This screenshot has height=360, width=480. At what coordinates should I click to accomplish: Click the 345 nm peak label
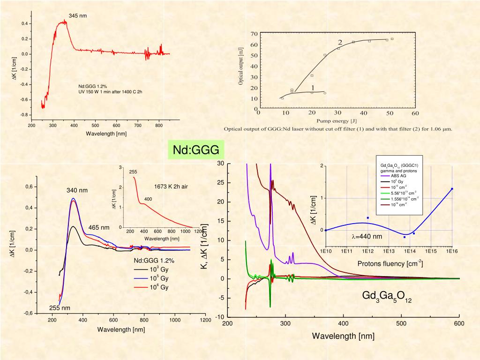78,16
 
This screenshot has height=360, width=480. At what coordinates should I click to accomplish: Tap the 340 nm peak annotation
77,191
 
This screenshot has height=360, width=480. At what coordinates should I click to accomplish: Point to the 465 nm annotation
98,228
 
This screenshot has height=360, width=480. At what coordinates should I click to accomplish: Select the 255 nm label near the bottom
60,308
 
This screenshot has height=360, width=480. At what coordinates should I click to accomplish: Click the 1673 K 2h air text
171,187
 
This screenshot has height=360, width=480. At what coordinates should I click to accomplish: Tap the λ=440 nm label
367,237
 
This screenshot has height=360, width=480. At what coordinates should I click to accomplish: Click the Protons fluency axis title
390,263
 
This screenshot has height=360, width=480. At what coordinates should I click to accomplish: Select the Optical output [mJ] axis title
240,66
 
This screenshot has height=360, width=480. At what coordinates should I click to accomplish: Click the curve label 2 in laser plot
340,42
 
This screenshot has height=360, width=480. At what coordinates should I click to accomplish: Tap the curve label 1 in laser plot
312,88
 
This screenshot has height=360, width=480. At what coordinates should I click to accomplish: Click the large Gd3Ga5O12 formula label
387,297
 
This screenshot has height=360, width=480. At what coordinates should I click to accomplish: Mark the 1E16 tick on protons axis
452,252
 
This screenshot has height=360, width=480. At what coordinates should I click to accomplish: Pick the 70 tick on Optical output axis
254,34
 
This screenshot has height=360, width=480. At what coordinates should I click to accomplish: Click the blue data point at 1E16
452,189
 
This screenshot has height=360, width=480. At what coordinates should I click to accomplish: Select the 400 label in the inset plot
148,199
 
